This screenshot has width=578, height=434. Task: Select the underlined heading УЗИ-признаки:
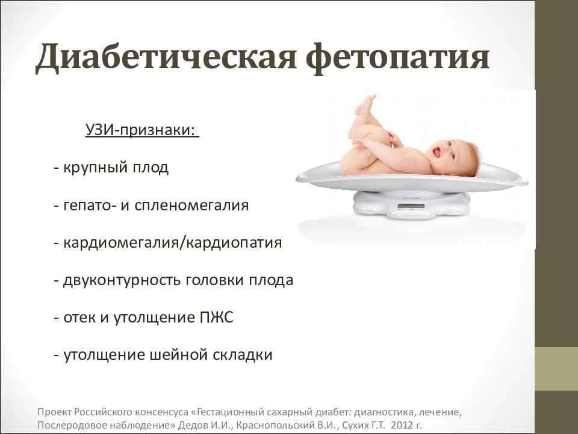pyautogui.click(x=142, y=131)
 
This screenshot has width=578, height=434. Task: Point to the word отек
pyautogui.click(x=78, y=318)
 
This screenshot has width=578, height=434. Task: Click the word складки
pyautogui.click(x=243, y=355)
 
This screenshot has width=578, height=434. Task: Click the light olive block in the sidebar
pyautogui.click(x=556, y=369)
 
